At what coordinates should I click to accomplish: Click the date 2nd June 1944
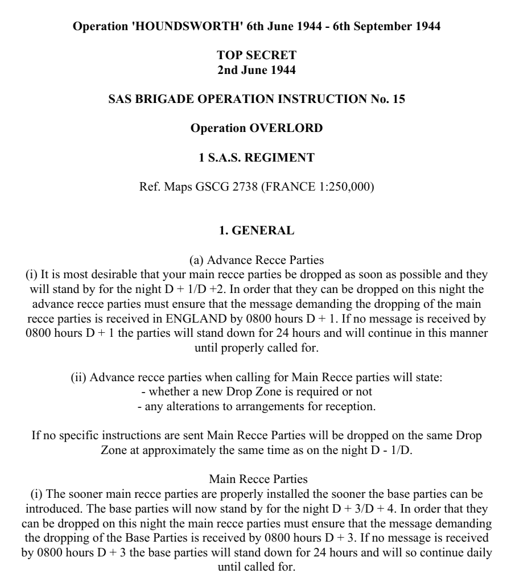tap(257, 70)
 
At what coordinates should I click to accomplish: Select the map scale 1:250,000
tap(341, 187)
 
